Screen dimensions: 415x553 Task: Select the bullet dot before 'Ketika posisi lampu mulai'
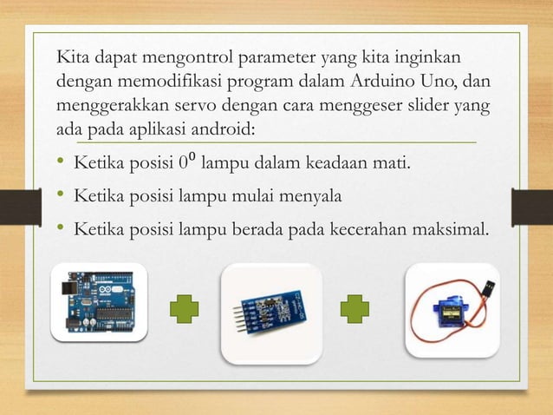point(62,197)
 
